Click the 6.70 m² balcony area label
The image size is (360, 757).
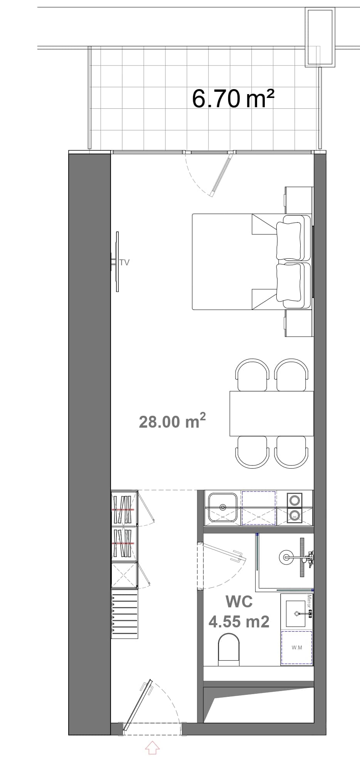click(233, 99)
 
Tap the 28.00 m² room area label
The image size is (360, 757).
click(172, 421)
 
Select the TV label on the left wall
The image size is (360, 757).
click(124, 262)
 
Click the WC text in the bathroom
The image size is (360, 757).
click(239, 601)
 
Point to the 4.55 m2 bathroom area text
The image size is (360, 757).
click(239, 621)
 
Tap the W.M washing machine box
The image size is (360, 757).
click(296, 647)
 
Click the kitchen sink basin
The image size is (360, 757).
click(222, 506)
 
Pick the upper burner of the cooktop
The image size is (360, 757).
click(295, 500)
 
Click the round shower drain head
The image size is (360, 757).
click(286, 556)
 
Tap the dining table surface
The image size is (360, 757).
click(271, 413)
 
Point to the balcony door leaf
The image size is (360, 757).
click(221, 174)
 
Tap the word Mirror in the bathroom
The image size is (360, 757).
click(309, 602)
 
